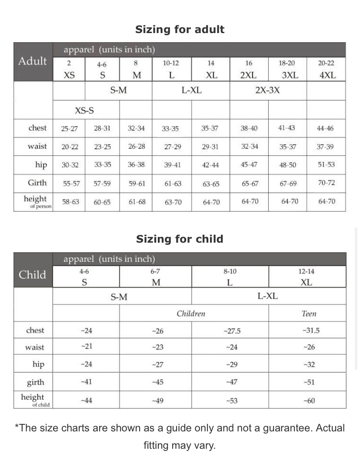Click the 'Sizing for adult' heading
click(180, 30)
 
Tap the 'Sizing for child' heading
click(180, 239)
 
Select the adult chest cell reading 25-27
click(70, 129)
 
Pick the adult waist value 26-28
click(137, 147)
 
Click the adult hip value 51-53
click(326, 165)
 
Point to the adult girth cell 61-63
click(173, 184)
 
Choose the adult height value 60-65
click(102, 202)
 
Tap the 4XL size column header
click(327, 75)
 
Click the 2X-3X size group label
click(267, 90)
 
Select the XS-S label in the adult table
click(84, 110)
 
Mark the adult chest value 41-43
click(287, 128)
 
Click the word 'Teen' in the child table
click(309, 314)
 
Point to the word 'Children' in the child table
click(191, 314)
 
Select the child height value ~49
click(157, 401)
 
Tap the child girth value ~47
click(232, 382)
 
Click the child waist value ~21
click(87, 347)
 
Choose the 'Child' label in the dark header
click(32, 274)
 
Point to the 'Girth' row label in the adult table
click(37, 183)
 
